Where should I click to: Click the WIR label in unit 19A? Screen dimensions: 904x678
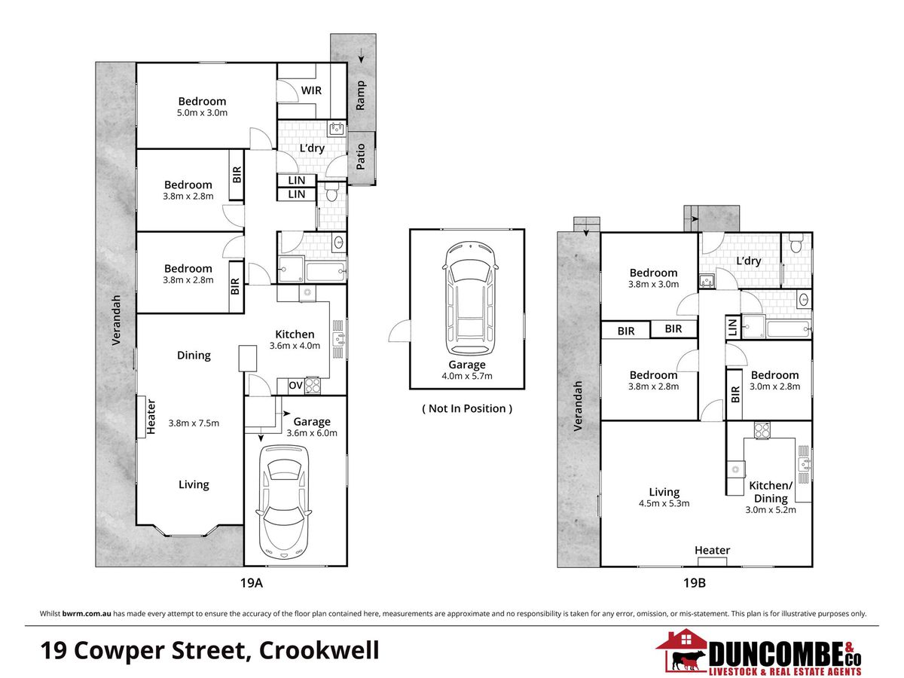[x=311, y=90]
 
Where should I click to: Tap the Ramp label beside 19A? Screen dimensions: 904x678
[x=360, y=96]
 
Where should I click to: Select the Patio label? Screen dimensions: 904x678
[x=360, y=157]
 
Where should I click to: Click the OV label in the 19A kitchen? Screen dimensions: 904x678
[x=296, y=385]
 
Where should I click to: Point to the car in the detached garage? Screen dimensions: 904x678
[x=470, y=298]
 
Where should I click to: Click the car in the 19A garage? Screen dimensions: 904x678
[x=284, y=502]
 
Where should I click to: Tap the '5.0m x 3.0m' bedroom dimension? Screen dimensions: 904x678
[x=202, y=113]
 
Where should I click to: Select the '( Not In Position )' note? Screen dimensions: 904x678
[x=467, y=408]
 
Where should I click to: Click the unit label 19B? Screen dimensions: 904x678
[x=695, y=582]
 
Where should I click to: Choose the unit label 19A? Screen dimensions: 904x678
[x=251, y=582]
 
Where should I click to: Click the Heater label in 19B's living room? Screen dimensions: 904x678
[x=712, y=550]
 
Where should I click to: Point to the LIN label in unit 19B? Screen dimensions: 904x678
[x=732, y=328]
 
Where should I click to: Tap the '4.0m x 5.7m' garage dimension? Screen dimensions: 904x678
[x=467, y=376]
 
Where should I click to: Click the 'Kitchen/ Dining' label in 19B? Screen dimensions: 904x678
[x=771, y=492]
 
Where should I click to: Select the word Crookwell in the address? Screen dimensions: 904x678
[x=319, y=650]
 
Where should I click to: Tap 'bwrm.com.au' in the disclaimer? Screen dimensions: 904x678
[x=87, y=613]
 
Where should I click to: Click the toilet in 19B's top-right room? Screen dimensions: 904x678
[x=796, y=243]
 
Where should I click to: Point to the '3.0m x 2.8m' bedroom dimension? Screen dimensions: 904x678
[x=774, y=386]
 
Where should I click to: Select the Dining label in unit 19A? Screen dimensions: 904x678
[x=194, y=356]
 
